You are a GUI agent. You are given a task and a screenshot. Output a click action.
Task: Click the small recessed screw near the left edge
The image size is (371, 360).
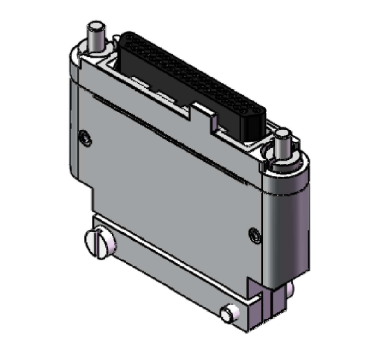(85, 137)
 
